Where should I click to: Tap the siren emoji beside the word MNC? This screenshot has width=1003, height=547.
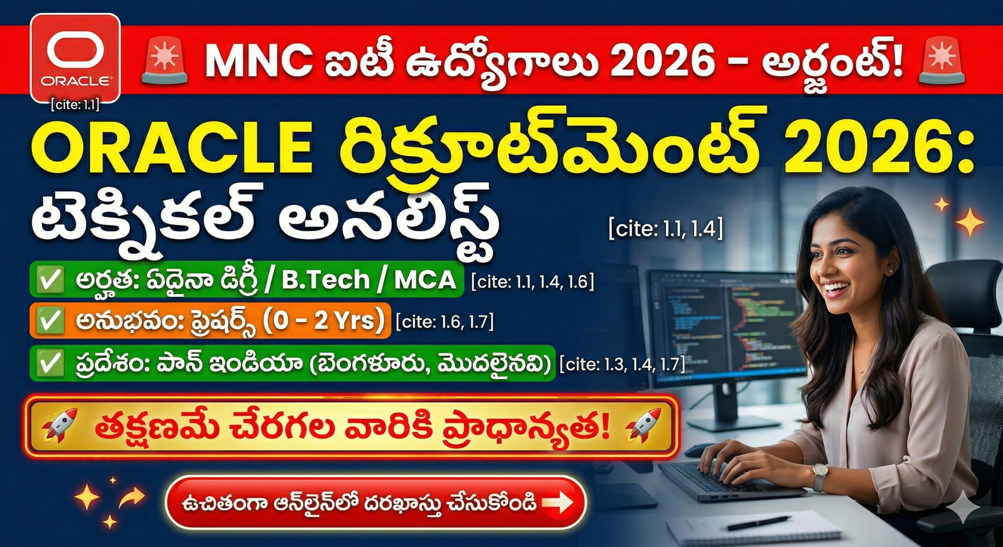coord(164,61)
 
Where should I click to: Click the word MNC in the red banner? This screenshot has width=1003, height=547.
coord(259,61)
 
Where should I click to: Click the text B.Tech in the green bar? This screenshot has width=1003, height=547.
coord(325,279)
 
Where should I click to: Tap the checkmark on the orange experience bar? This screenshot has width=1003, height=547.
coord(50,321)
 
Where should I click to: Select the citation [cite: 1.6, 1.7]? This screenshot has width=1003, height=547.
coord(444,322)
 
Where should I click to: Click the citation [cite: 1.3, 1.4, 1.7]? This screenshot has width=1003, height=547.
coord(622,364)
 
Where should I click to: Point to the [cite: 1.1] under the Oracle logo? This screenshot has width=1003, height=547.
coord(75,105)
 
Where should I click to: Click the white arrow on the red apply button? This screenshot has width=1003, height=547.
coord(557,502)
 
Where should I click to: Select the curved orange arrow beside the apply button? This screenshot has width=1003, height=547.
coord(131,499)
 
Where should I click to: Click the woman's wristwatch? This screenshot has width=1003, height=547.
coord(819,476)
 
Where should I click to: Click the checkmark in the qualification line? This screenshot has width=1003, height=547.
coord(50,279)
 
